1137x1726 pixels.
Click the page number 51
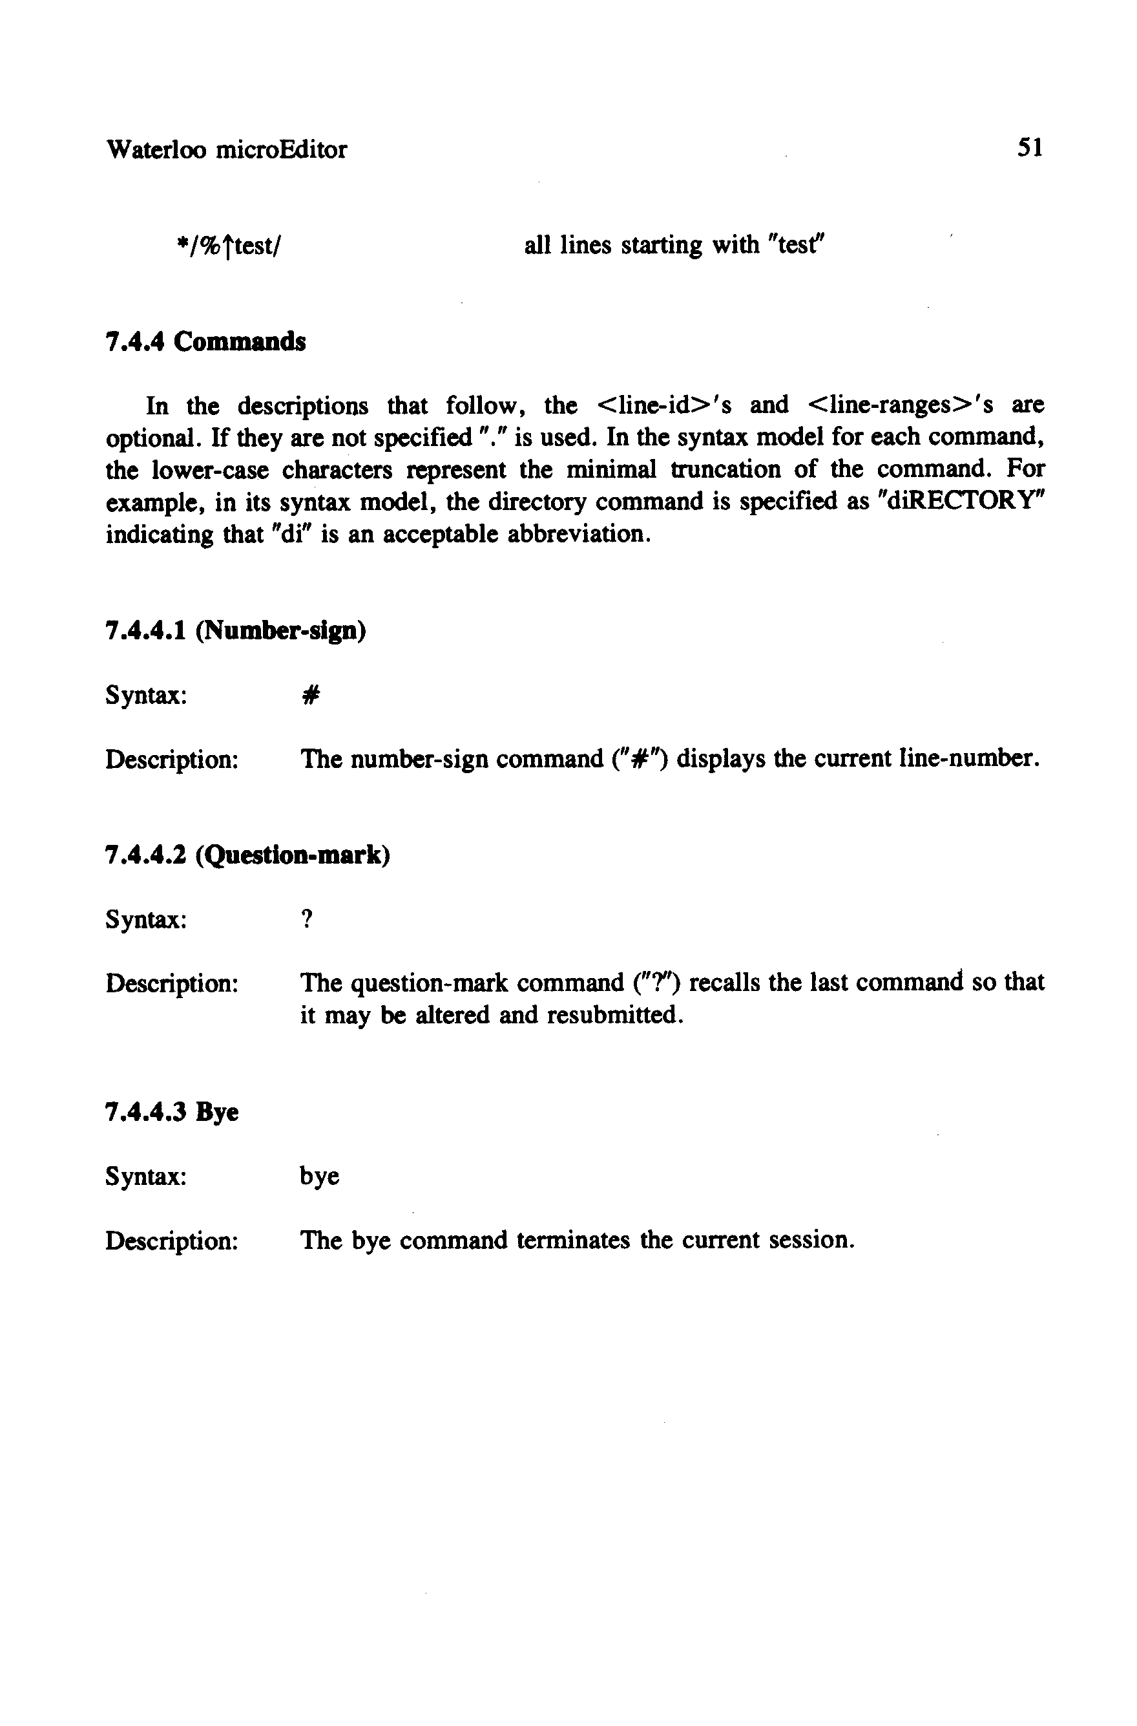pos(1030,149)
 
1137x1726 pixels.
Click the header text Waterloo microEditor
pos(226,150)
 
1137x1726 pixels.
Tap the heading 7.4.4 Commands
pos(206,342)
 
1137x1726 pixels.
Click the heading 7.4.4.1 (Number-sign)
pos(236,631)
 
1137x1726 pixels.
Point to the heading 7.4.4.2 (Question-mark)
pos(248,856)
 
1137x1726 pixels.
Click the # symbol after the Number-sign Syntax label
pos(309,696)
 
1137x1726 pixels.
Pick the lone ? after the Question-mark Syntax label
pos(307,921)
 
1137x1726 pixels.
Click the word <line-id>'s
pos(663,405)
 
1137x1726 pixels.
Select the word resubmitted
pos(615,1015)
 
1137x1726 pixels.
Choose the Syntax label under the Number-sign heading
pos(147,696)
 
